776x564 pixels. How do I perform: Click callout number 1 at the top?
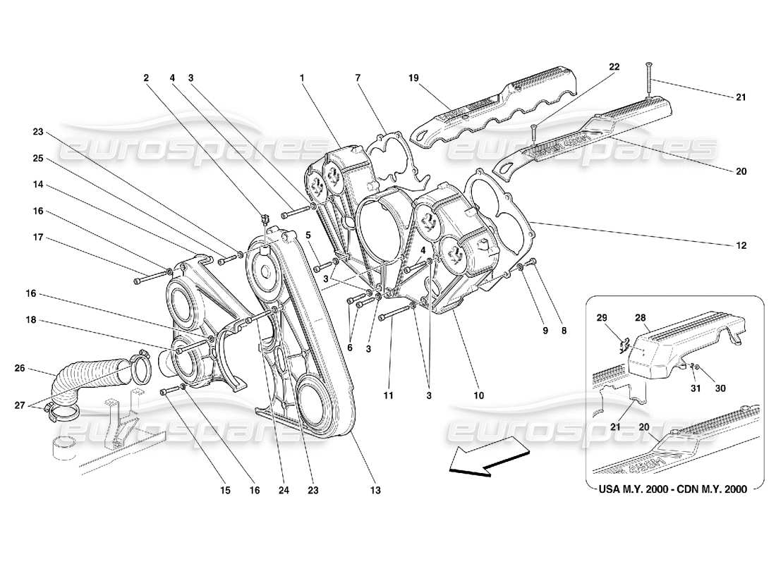[x=302, y=78]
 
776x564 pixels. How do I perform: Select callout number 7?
[x=358, y=78]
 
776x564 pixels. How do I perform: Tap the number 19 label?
[x=413, y=78]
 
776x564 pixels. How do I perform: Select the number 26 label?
[x=20, y=367]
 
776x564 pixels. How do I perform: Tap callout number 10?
[x=479, y=396]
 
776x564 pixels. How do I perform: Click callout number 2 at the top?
[x=147, y=78]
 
